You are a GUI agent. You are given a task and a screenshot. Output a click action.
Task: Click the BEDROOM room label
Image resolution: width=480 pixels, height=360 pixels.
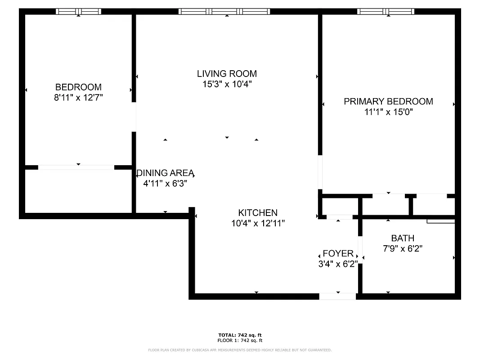[78, 87]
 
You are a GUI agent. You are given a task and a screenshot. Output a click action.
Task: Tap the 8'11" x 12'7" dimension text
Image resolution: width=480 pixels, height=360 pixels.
[79, 98]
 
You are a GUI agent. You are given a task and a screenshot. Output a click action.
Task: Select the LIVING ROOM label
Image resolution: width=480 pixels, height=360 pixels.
[227, 73]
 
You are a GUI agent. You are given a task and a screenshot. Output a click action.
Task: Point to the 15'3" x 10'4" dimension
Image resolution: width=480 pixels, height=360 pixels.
[227, 84]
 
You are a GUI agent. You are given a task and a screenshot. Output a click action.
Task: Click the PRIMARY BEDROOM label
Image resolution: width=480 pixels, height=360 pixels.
[388, 101]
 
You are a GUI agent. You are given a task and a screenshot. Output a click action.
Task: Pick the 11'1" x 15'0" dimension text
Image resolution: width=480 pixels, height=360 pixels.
[388, 112]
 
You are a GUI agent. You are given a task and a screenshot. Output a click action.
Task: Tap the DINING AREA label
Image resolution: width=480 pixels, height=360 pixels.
[166, 173]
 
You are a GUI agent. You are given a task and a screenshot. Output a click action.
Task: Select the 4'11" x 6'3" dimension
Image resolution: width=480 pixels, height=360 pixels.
[165, 184]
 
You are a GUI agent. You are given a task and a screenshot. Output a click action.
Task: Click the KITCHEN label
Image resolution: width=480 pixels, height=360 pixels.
[258, 213]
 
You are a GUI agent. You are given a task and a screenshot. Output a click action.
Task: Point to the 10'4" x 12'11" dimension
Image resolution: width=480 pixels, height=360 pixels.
[258, 223]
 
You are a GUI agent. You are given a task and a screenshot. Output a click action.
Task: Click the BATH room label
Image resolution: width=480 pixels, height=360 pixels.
[403, 238]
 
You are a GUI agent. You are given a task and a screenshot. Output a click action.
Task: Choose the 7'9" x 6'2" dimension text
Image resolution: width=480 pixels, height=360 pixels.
[403, 248]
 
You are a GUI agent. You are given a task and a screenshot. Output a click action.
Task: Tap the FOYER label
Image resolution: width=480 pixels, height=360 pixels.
[338, 254]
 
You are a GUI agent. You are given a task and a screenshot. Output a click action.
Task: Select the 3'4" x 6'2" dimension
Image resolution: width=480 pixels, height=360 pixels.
[338, 264]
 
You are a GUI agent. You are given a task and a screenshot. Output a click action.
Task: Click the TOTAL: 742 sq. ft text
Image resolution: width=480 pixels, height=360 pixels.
[240, 335]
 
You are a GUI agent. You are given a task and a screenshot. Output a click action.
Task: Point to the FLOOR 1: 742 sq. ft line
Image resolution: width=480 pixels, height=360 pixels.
[240, 341]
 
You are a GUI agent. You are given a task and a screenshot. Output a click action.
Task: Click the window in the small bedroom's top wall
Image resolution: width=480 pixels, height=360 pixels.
[79, 12]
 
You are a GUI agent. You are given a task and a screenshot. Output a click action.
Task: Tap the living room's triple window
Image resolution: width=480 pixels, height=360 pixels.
[224, 12]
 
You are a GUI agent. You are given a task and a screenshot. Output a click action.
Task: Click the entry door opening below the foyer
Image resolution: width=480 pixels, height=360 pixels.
[337, 296]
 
